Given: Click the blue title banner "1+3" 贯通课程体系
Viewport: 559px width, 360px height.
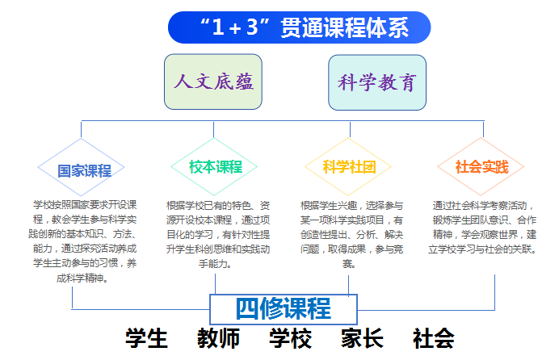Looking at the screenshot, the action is pos(299,27).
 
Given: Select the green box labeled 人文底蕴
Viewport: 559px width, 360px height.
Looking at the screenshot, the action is pos(213,82).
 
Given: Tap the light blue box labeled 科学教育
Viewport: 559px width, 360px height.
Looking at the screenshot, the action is pos(377,82).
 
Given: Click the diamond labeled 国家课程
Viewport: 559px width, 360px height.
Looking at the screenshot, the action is pos(81,167).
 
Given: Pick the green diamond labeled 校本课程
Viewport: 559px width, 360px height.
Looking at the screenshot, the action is pos(214,166).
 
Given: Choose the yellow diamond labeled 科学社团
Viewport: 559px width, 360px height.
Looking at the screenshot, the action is pos(348,166).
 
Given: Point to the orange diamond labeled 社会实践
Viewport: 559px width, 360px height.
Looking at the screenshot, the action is pos(481,166).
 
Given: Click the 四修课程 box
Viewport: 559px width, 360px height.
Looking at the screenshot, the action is pos(284,309).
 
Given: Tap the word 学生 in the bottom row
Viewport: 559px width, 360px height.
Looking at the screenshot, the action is pos(146,338).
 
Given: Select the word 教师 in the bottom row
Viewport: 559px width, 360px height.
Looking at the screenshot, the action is pos(219,338).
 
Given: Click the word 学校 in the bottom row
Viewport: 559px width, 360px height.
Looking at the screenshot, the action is pos(291,338).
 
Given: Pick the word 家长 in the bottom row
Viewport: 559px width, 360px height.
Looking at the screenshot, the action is pos(362,338).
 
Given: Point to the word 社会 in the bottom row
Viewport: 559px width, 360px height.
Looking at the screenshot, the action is pos(434,338).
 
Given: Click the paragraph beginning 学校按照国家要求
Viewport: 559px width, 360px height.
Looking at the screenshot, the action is pos(82,241).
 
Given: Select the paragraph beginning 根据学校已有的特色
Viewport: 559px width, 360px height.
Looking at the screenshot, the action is pos(218,234).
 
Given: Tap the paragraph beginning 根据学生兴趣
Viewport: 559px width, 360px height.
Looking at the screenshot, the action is pos(351,234).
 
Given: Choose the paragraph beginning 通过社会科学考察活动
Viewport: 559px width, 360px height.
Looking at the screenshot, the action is pos(483,227).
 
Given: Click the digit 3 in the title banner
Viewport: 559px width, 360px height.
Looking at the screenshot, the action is pos(252,27).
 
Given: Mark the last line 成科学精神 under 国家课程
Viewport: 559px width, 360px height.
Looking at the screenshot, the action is pos(82,278).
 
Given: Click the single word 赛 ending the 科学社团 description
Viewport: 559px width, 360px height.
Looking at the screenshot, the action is pos(349,264).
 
